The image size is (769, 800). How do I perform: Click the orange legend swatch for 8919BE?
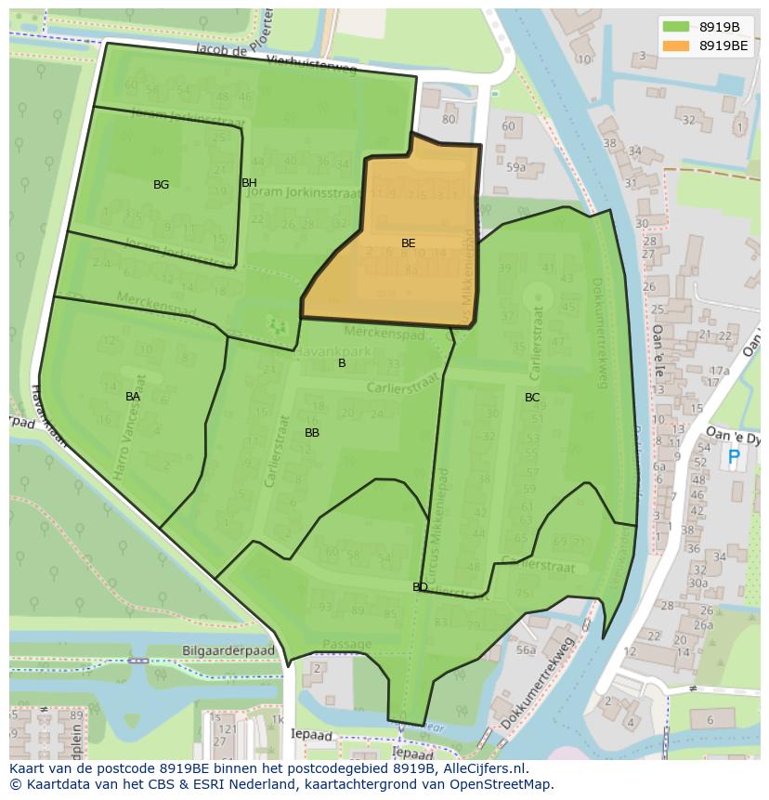(x=677, y=45)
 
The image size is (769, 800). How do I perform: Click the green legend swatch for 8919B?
(x=677, y=26)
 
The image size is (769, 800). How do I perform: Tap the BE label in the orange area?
(x=408, y=243)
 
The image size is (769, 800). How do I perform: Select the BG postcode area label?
(x=162, y=185)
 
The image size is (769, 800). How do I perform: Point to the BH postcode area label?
(x=249, y=183)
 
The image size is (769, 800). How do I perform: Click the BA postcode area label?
(x=133, y=397)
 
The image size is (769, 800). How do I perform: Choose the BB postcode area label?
(x=312, y=433)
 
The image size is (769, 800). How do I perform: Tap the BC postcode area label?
(x=532, y=398)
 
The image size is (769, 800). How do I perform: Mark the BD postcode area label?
(x=420, y=587)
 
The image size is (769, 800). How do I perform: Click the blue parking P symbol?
(x=734, y=457)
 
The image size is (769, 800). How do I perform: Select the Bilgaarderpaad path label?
(x=228, y=651)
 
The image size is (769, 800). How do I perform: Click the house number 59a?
(x=516, y=167)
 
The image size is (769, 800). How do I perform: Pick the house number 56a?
(x=527, y=650)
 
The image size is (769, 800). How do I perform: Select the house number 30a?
(x=697, y=583)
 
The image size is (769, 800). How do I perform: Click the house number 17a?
(x=718, y=371)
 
